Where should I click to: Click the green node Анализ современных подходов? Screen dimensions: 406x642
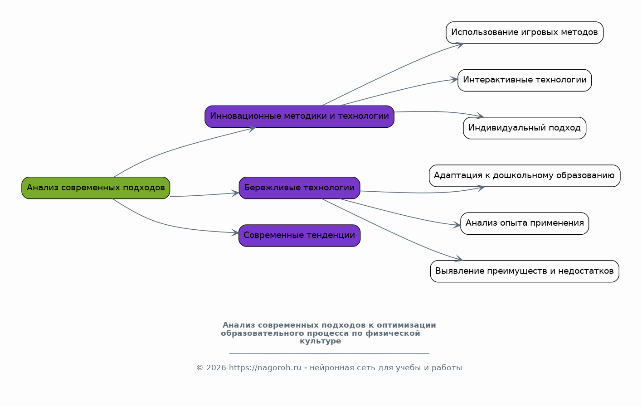click(x=96, y=188)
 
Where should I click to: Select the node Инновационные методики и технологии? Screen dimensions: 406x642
click(x=299, y=116)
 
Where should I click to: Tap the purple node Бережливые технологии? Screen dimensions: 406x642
click(x=299, y=188)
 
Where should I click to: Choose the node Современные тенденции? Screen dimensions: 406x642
click(x=299, y=236)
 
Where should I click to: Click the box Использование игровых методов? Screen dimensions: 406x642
click(x=524, y=33)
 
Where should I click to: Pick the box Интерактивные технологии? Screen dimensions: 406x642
click(x=524, y=80)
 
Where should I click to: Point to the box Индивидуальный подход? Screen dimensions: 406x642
click(x=524, y=128)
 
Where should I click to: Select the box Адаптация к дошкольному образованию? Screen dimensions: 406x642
click(x=524, y=176)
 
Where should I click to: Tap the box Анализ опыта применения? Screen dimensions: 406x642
click(x=524, y=223)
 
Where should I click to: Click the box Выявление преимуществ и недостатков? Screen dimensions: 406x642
click(x=524, y=271)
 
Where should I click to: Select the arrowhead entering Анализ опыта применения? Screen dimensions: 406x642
click(x=457, y=225)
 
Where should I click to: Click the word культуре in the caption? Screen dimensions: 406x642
click(x=320, y=342)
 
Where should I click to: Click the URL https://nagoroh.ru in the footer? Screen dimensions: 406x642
click(x=265, y=368)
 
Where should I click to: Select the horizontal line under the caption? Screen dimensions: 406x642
click(x=329, y=353)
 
